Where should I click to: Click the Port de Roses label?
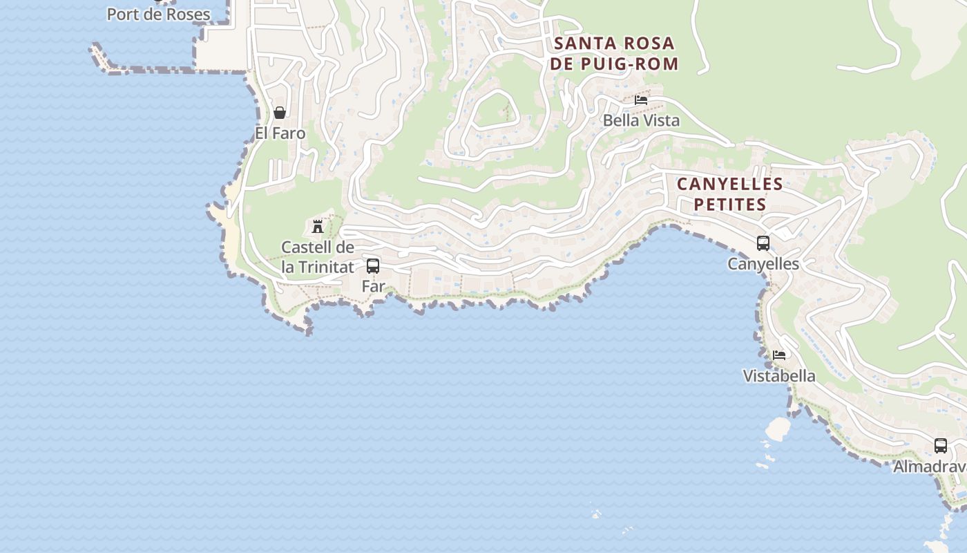pos(158,14)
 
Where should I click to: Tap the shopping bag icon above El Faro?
pos(280,113)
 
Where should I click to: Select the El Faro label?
pos(280,133)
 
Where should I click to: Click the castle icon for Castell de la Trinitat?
pos(318,226)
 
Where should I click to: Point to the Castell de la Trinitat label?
pos(318,256)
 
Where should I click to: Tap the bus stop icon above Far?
pos(373,265)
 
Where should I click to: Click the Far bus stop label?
pos(373,285)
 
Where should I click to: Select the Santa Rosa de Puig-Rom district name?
pos(614,53)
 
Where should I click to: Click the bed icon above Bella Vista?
pos(641,100)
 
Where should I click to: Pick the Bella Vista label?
pos(641,120)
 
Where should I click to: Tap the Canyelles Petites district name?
pos(729,194)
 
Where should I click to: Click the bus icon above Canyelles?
pos(763,243)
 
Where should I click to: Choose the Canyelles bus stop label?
pos(763,263)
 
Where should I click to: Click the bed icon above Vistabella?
pos(779,355)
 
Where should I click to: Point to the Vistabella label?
pos(779,375)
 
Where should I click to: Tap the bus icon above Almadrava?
pos(941,446)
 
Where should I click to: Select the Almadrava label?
pos(930,467)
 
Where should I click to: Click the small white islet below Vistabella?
pos(778,429)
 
